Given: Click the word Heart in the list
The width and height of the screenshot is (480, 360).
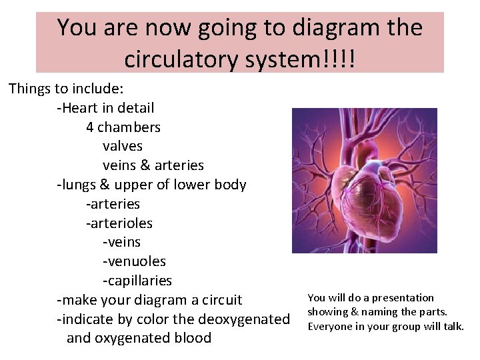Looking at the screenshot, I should coord(83,107).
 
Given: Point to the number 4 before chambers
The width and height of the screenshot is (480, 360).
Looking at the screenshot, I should coord(90,127).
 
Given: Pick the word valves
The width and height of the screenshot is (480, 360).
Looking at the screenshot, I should coord(123,145).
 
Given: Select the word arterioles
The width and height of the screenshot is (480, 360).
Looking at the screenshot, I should coord(122,223).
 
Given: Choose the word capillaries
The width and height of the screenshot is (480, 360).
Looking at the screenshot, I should coord(139,281).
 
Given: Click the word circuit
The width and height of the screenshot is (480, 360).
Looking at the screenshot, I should coord(218,300).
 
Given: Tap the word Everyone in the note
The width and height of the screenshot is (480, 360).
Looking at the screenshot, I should coord(330,326).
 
